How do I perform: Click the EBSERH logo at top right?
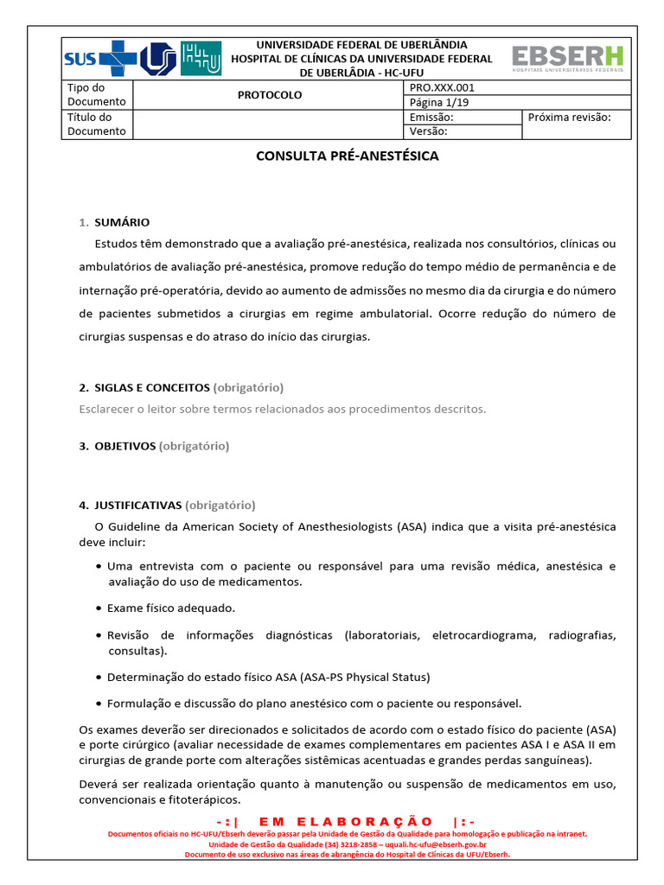(567, 59)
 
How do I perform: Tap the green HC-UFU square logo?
(201, 59)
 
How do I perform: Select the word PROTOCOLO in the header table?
(270, 95)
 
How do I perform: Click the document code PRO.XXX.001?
(442, 88)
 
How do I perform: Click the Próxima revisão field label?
(569, 117)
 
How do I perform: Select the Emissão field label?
(431, 117)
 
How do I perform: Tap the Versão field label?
(428, 131)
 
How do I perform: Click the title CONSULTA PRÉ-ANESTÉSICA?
(348, 156)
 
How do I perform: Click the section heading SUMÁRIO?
(122, 222)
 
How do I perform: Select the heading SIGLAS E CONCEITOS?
(152, 387)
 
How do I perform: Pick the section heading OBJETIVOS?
(124, 446)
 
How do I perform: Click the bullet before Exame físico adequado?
(99, 608)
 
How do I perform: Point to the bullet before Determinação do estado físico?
(99, 677)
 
